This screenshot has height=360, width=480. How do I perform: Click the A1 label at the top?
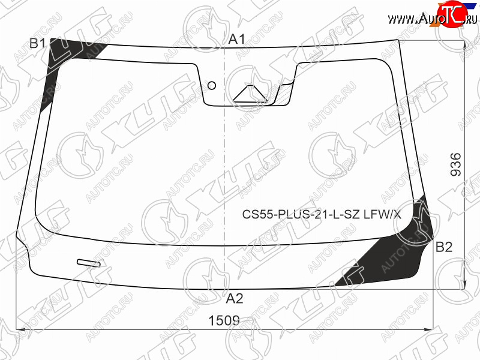(x=237, y=40)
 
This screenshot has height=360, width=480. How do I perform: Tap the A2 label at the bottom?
(x=235, y=298)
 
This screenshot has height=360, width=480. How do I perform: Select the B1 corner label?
(x=37, y=43)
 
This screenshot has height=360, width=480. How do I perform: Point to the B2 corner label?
(x=444, y=247)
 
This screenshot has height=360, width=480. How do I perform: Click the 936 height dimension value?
(x=456, y=164)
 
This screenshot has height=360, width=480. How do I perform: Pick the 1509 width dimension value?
(x=224, y=320)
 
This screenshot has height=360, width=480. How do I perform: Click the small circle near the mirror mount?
(x=212, y=85)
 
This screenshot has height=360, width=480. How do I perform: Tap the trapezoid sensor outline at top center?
(x=250, y=94)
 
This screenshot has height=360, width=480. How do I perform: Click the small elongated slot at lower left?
(x=89, y=263)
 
